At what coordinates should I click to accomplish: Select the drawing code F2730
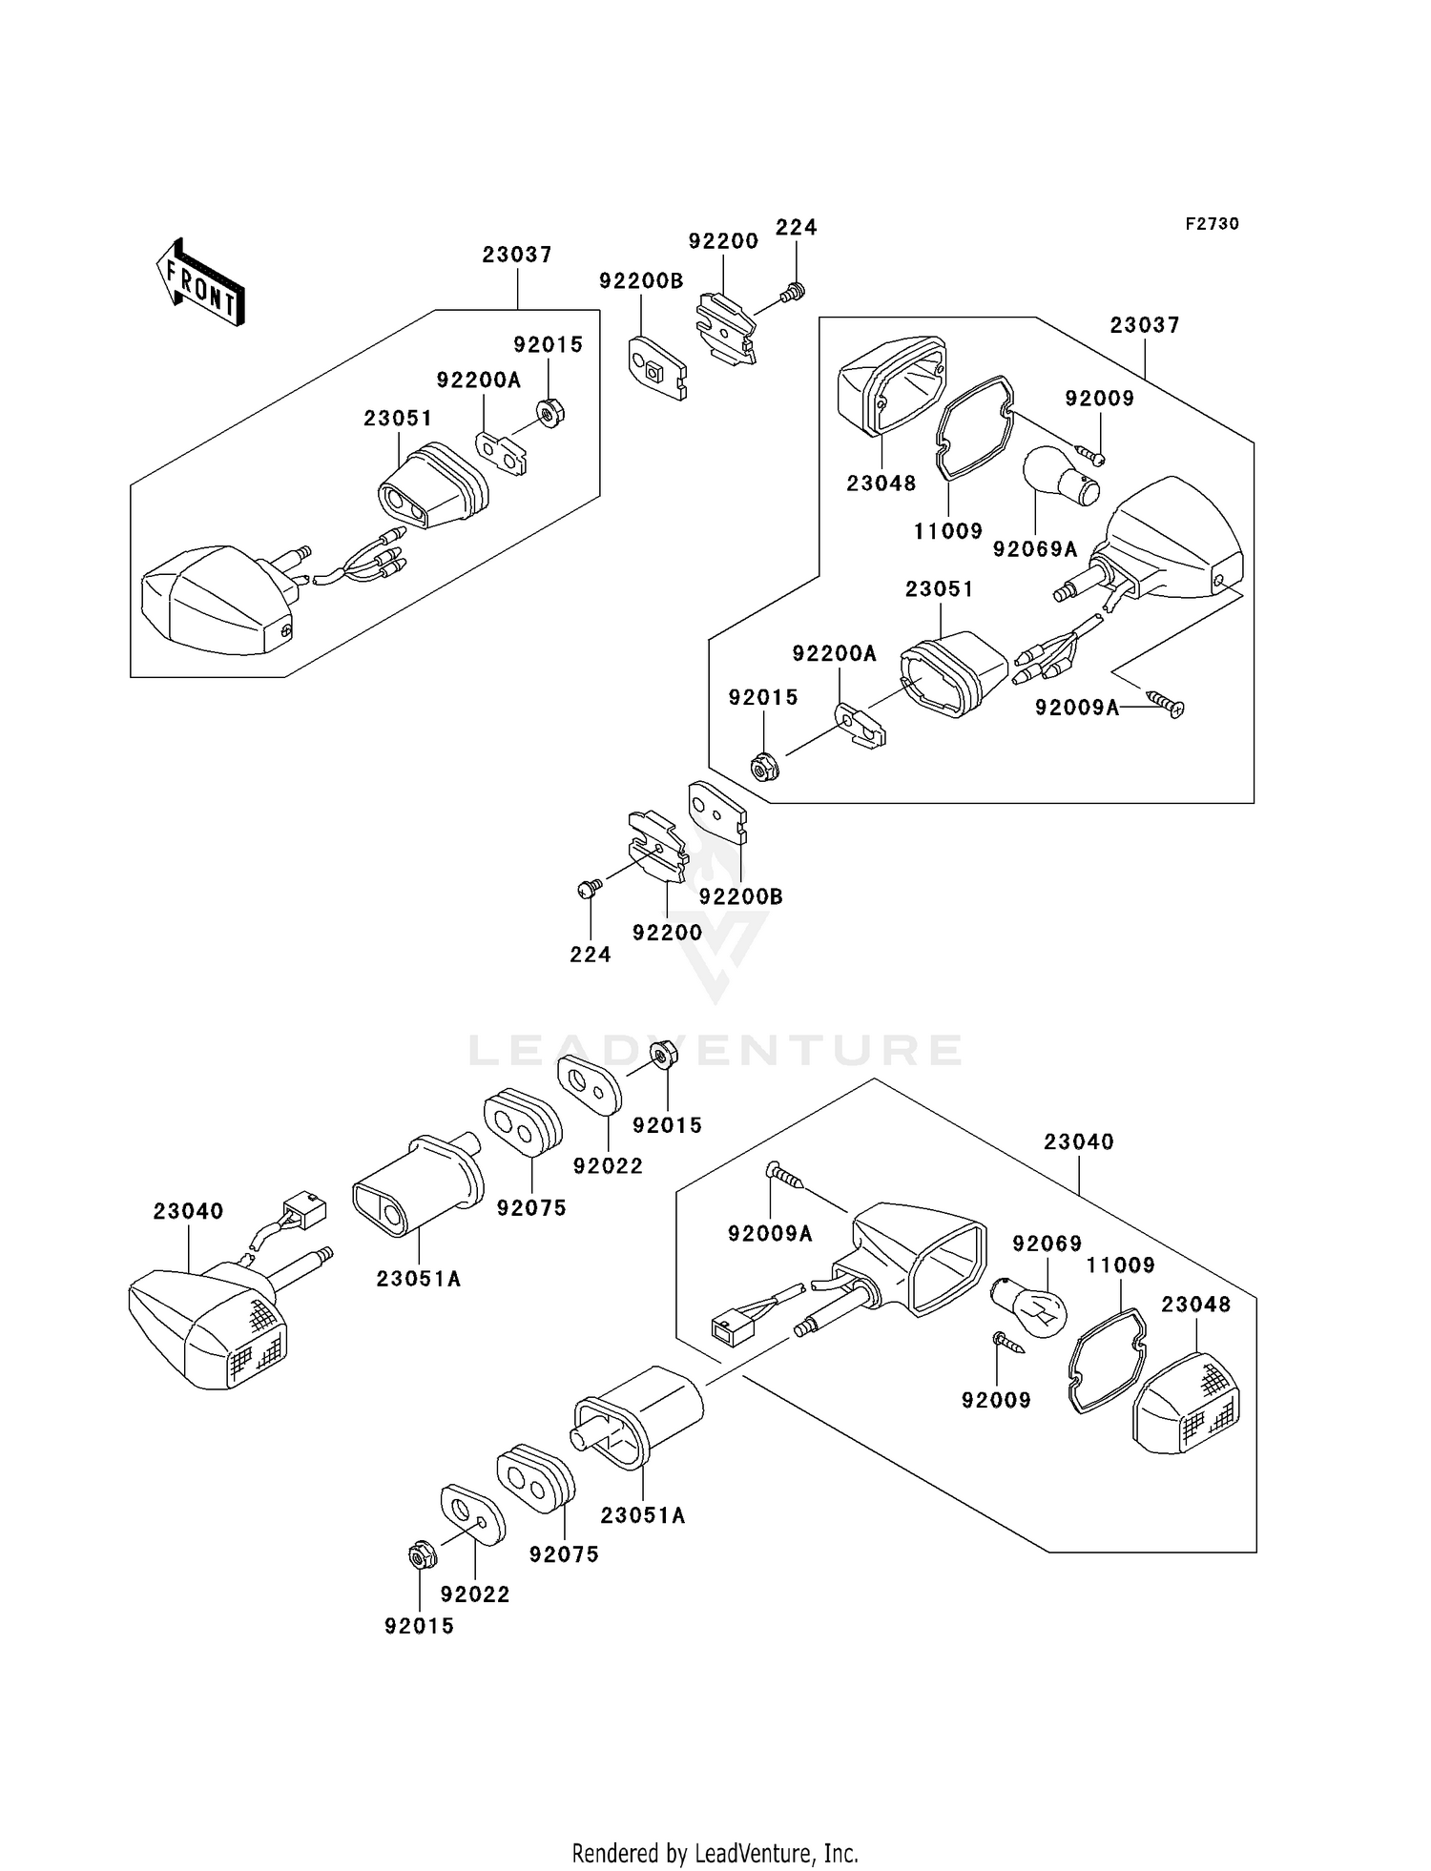pos(1212,224)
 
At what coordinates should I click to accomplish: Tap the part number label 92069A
pos(1034,549)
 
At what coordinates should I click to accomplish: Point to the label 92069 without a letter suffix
pos(1047,1244)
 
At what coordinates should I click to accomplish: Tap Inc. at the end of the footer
pos(840,1853)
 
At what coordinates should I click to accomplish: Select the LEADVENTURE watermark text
pos(715,1050)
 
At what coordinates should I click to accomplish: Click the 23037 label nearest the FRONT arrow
pos(517,255)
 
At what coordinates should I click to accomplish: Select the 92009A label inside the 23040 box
pos(770,1234)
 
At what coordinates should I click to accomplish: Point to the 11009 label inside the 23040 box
pos(1120,1265)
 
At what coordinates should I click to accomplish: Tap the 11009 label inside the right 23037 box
pos(947,531)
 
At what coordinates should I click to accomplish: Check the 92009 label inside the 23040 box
pos(996,1400)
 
